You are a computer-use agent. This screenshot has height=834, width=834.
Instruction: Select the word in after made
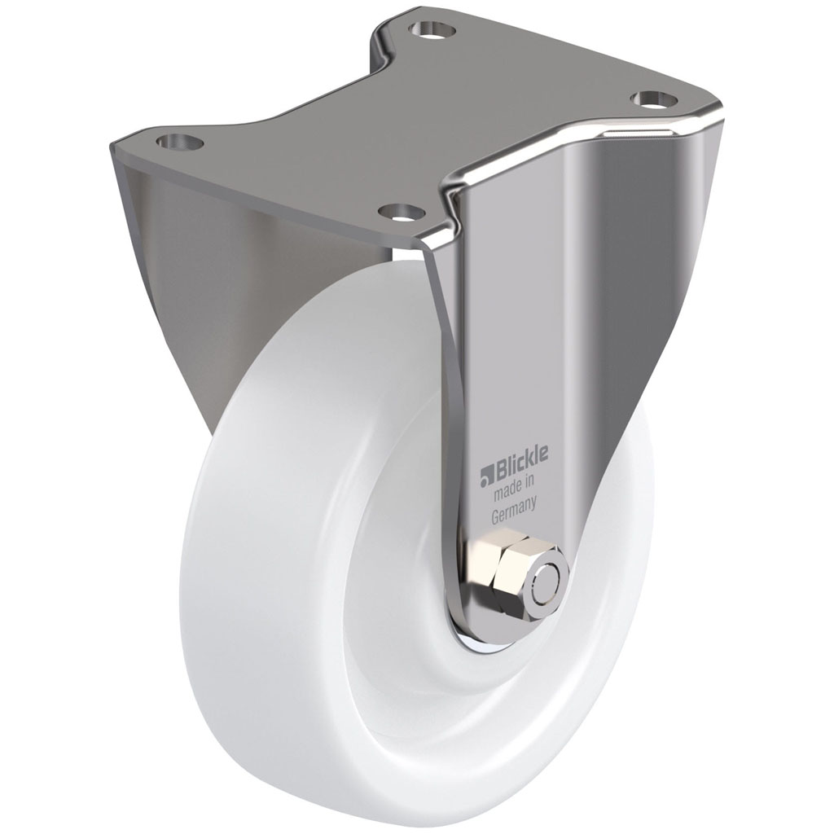pyautogui.click(x=531, y=484)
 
